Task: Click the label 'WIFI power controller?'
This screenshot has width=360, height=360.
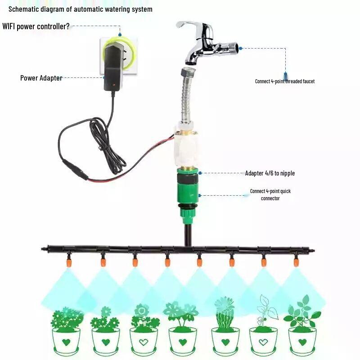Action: click(x=36, y=26)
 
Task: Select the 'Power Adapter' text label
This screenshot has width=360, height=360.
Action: click(x=41, y=78)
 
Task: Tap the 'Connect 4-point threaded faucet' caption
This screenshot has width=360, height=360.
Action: click(x=284, y=81)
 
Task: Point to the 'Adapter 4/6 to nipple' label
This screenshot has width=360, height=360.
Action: click(x=270, y=173)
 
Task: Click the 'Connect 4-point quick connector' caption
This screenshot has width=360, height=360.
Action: click(x=270, y=195)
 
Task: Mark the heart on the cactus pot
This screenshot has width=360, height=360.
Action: click(x=225, y=342)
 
